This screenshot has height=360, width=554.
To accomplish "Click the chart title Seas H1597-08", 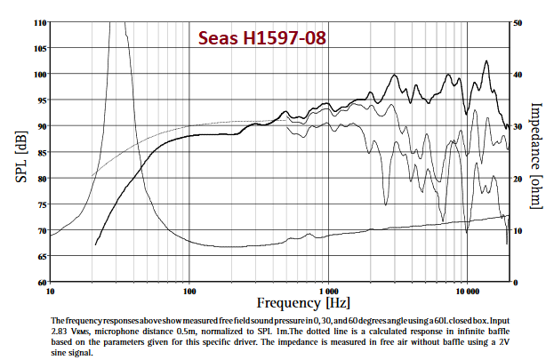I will (x=261, y=39).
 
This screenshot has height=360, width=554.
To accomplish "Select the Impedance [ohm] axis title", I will (x=536, y=156).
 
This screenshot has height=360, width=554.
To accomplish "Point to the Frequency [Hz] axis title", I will (x=279, y=302).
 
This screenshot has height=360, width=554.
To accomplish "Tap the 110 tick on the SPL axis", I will (x=39, y=21).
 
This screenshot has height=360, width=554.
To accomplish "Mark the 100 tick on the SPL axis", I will (x=39, y=74).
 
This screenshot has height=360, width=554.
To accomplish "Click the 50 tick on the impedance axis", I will (x=518, y=21).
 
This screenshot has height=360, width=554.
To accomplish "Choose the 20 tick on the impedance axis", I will (x=518, y=179).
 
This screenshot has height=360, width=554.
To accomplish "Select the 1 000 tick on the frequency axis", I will (x=328, y=292).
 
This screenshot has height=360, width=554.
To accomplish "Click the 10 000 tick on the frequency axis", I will (x=467, y=292).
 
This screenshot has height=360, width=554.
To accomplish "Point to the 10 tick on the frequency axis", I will (x=51, y=292).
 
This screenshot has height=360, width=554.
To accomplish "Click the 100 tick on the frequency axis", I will (x=189, y=292).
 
